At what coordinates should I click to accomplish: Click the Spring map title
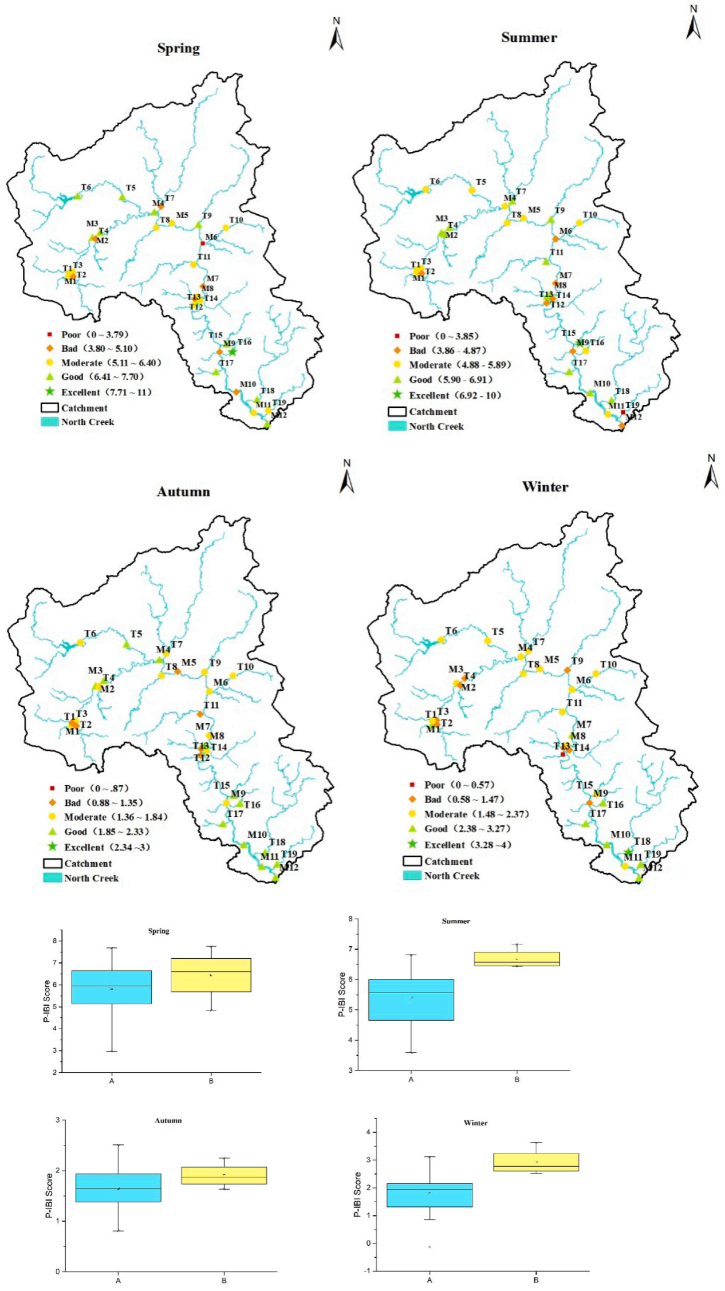[x=179, y=48]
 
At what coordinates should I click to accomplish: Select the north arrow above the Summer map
[x=693, y=24]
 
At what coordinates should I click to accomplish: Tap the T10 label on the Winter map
[x=608, y=664]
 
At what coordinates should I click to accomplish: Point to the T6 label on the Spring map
[x=86, y=187]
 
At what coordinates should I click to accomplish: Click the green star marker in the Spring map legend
[x=50, y=392]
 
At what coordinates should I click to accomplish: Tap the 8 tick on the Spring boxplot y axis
[x=54, y=940]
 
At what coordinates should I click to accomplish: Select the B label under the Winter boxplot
[x=536, y=1280]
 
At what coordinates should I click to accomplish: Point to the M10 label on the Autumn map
[x=257, y=835]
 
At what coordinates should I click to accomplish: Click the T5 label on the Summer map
[x=481, y=182]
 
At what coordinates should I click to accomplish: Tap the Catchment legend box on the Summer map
[x=397, y=411]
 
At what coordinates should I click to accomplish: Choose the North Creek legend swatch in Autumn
[x=52, y=877]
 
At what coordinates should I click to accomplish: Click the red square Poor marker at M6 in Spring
[x=203, y=243]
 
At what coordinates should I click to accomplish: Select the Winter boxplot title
[x=475, y=1123]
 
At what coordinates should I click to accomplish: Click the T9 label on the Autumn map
[x=215, y=663]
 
